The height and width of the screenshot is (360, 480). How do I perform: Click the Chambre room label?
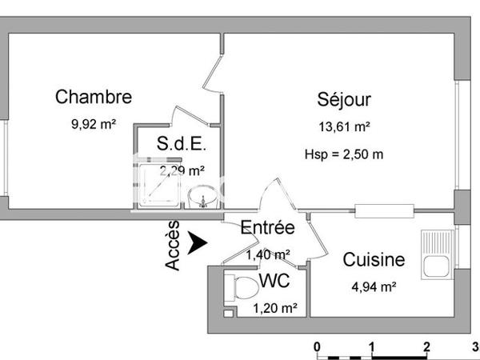pyautogui.click(x=93, y=98)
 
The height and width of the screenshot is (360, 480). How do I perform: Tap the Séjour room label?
pyautogui.click(x=344, y=100)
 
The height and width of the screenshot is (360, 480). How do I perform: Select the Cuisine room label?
pyautogui.click(x=374, y=260)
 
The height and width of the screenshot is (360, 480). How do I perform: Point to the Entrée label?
pyautogui.click(x=267, y=228)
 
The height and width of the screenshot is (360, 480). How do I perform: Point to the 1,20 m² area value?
pyautogui.click(x=276, y=307)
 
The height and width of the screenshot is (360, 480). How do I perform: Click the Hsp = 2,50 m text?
pyautogui.click(x=344, y=154)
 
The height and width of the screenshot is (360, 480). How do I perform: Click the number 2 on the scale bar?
pyautogui.click(x=426, y=346)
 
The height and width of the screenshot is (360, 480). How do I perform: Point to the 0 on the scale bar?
pyautogui.click(x=318, y=346)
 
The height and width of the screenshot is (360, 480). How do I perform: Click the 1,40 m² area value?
pyautogui.click(x=267, y=254)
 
